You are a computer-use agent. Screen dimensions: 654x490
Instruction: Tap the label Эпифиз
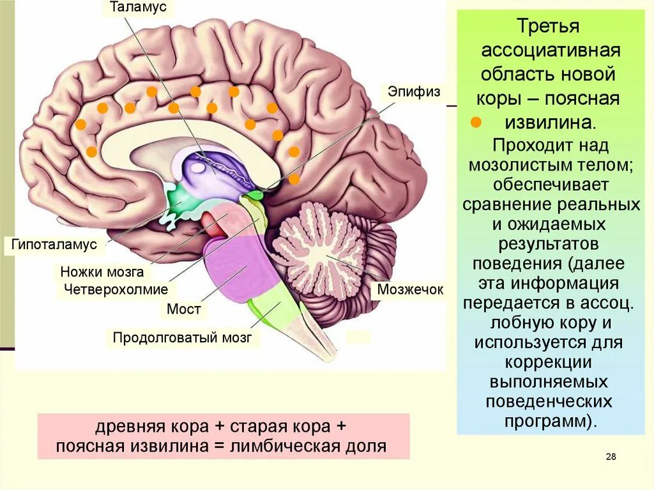coord(414,91)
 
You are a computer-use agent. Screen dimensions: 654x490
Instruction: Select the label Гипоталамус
coord(54,245)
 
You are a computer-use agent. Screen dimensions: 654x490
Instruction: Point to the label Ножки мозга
coord(102,272)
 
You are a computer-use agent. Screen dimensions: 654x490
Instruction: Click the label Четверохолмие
coord(116,289)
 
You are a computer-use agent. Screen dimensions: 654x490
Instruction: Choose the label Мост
coord(183,309)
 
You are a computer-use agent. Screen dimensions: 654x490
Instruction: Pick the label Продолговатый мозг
coord(182,337)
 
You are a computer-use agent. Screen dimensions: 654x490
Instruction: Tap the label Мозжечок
coord(409,289)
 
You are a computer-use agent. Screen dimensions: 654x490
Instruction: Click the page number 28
coord(610,456)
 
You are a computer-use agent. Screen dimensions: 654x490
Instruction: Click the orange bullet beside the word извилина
coord(475,122)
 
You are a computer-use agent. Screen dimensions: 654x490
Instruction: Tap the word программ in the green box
coord(547,422)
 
